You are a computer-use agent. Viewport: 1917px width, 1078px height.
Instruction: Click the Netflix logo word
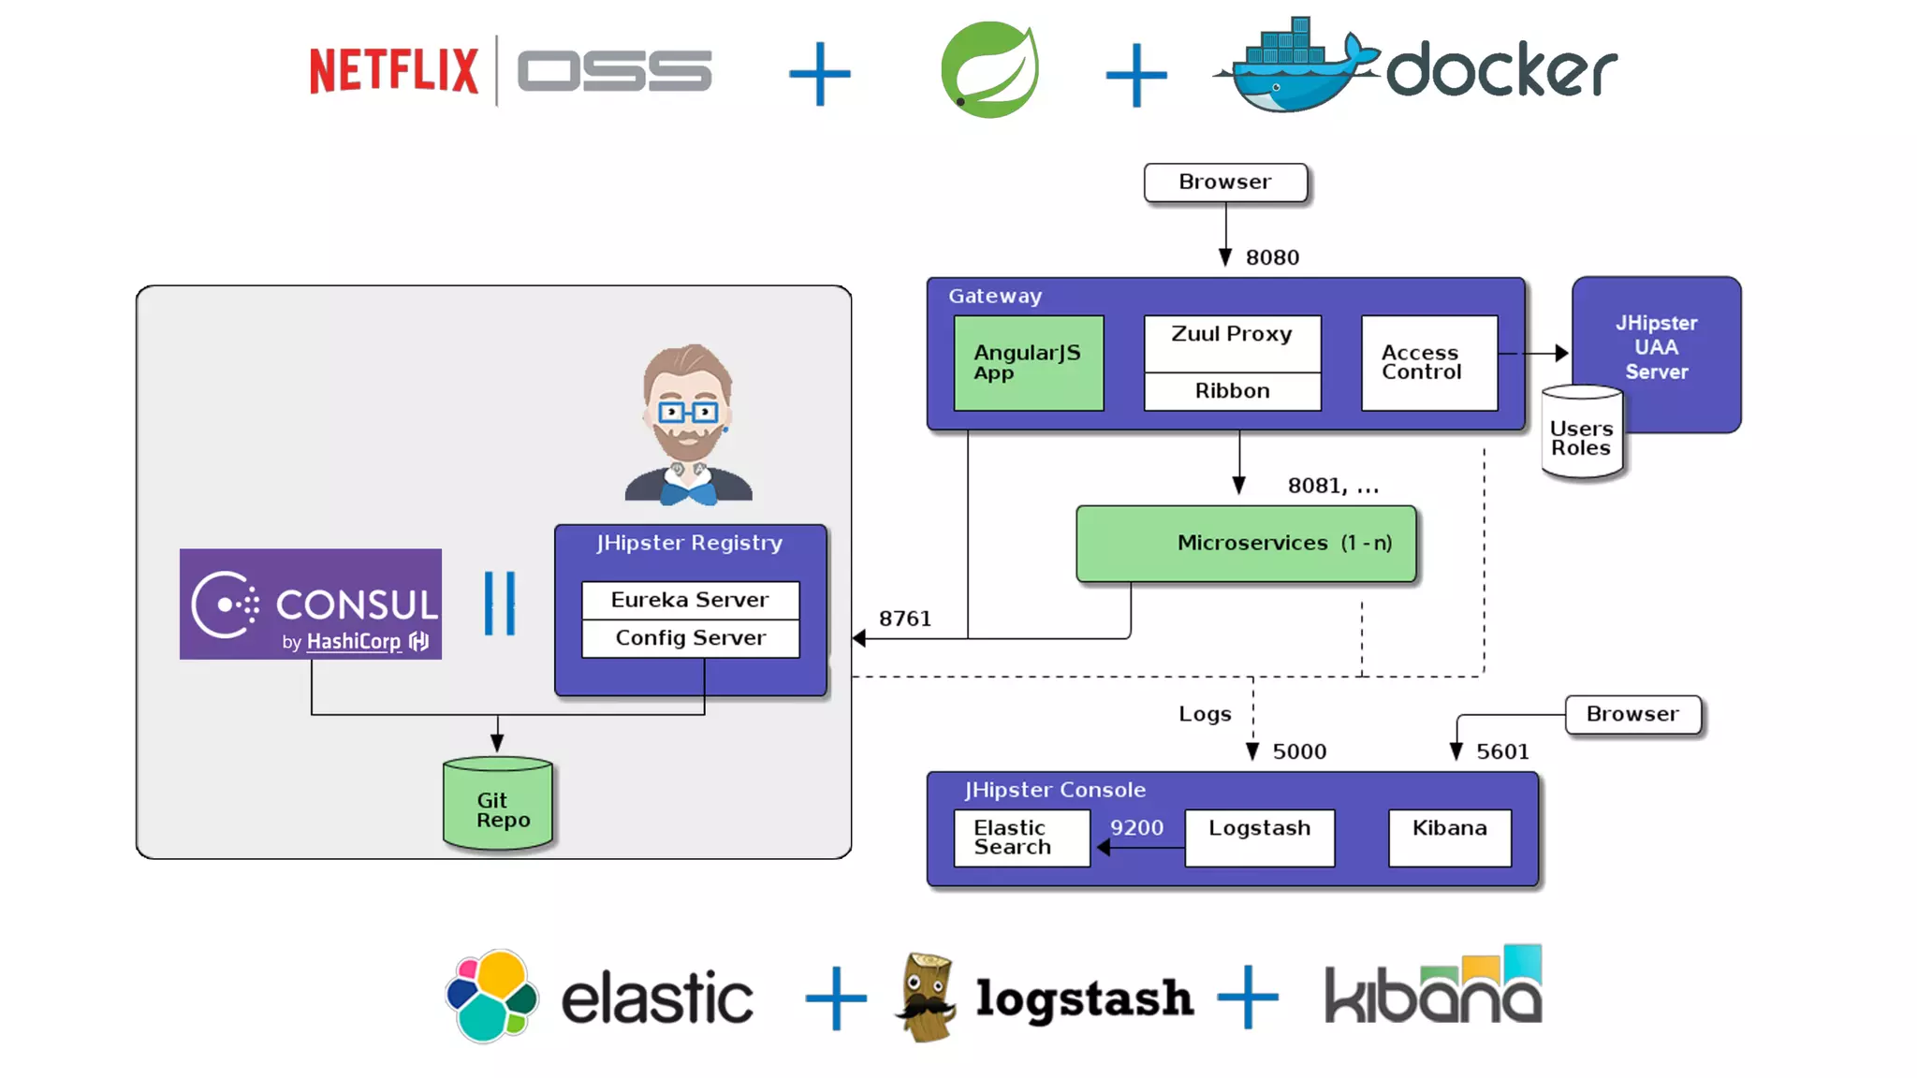coord(393,70)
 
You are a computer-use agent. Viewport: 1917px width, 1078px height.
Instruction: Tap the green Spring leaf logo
coord(989,70)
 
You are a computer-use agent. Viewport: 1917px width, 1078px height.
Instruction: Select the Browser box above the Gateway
coord(1225,182)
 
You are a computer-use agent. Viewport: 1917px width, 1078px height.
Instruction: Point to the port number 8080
coord(1272,257)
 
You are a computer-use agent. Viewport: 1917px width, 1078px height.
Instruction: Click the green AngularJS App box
coord(1028,363)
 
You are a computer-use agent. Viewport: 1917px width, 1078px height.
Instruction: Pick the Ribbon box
coord(1232,391)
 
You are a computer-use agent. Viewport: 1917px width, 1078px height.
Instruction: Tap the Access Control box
coord(1428,363)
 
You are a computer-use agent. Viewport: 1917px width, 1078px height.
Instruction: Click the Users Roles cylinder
coord(1581,435)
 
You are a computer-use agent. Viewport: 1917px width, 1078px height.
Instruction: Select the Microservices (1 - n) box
coord(1246,544)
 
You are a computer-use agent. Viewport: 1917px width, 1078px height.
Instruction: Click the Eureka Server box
coord(690,600)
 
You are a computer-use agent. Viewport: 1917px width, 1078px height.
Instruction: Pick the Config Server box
coord(690,638)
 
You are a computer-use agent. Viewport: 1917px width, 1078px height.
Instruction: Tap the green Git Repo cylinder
coord(498,806)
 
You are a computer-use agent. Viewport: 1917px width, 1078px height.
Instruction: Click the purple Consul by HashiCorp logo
coord(311,605)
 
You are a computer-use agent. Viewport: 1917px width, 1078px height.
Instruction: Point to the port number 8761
coord(905,619)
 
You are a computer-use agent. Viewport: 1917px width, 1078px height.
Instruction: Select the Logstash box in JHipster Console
coord(1259,838)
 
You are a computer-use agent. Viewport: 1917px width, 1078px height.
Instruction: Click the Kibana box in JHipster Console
coord(1449,838)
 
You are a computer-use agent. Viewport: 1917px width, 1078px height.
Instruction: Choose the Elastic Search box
coord(1021,838)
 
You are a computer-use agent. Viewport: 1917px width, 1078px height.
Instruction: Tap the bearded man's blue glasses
coord(688,412)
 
